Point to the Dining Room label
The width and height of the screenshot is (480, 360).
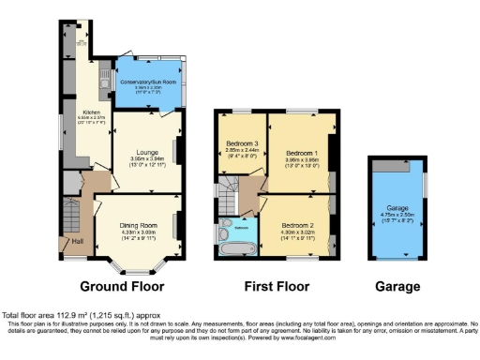tap(138, 225)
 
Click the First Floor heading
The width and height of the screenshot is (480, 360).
tap(275, 287)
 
